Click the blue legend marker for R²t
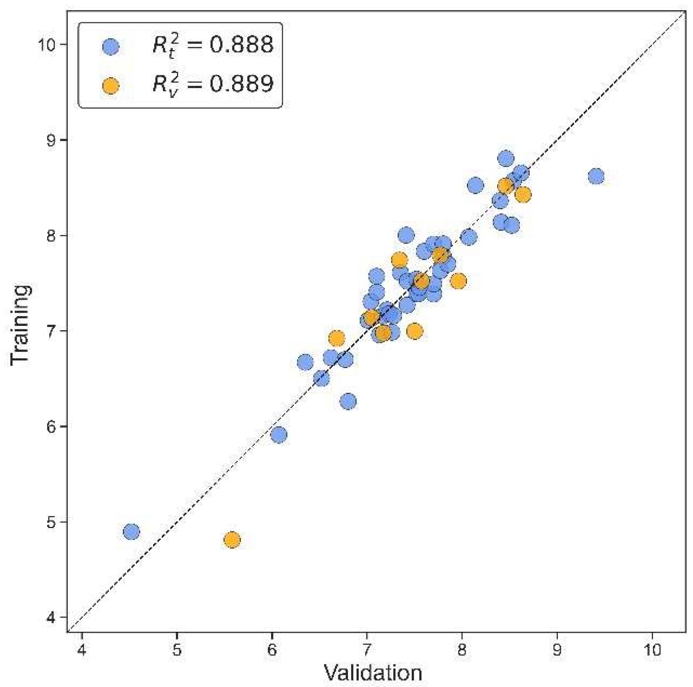point(110,47)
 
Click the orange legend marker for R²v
point(110,86)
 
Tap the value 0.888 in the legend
point(241,44)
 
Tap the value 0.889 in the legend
point(241,83)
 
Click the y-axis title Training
point(20,325)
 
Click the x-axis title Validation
point(373,673)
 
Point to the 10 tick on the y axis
point(47,44)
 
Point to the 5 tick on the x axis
point(177,650)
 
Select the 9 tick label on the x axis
point(557,650)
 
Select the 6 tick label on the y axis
point(51,427)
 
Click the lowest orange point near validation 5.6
point(232,540)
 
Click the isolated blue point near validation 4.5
point(131,532)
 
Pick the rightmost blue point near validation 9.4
point(596,176)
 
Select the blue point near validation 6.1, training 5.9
point(279,434)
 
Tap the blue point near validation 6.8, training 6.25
point(348,401)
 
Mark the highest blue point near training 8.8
point(506,159)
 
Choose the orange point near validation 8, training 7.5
point(458,281)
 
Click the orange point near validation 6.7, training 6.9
point(337,338)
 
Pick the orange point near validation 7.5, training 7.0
point(414,331)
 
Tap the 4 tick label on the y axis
point(51,618)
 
